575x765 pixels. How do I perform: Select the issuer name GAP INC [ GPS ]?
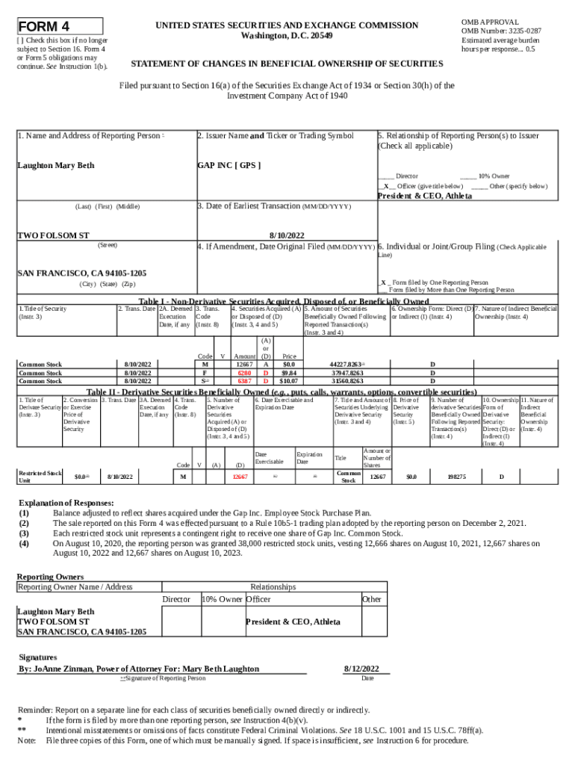[x=229, y=165]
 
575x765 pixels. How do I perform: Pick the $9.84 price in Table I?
[x=289, y=372]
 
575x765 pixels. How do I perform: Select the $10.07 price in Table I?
[x=289, y=380]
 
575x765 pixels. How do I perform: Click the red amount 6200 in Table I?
[x=243, y=372]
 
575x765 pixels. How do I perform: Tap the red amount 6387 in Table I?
[x=243, y=380]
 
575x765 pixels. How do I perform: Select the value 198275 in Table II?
[x=456, y=476]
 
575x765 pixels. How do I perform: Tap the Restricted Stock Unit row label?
[x=40, y=477]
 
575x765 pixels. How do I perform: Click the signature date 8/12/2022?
[x=361, y=668]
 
